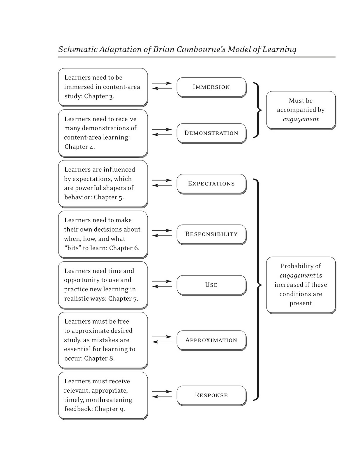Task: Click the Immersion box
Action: point(211,87)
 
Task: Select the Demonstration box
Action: point(211,133)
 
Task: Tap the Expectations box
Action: point(211,183)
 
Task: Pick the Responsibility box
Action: point(211,234)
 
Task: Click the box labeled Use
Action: point(211,285)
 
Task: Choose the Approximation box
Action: point(211,340)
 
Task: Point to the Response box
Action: point(211,395)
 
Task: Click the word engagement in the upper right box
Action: point(301,119)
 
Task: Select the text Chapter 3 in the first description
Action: point(99,96)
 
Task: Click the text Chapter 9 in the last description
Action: point(109,409)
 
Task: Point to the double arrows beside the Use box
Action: point(162,284)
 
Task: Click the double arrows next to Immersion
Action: point(162,86)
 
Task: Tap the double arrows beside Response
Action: point(162,394)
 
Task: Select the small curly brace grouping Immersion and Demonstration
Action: point(257,110)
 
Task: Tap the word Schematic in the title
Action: point(77,49)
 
